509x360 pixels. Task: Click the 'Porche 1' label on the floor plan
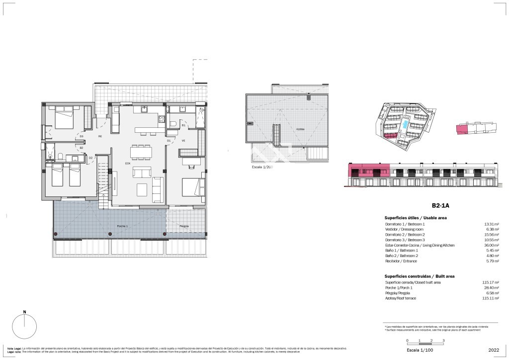point(108,226)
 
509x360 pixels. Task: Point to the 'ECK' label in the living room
point(128,163)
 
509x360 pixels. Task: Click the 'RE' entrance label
point(100,136)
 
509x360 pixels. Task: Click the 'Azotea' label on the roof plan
point(300,129)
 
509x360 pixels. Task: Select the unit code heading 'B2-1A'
point(440,205)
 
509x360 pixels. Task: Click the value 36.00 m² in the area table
point(491,245)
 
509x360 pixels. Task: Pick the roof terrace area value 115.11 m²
point(490,298)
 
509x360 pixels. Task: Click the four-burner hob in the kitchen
point(162,118)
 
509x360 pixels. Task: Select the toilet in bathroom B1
point(171,123)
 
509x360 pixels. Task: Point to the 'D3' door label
point(81,136)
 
